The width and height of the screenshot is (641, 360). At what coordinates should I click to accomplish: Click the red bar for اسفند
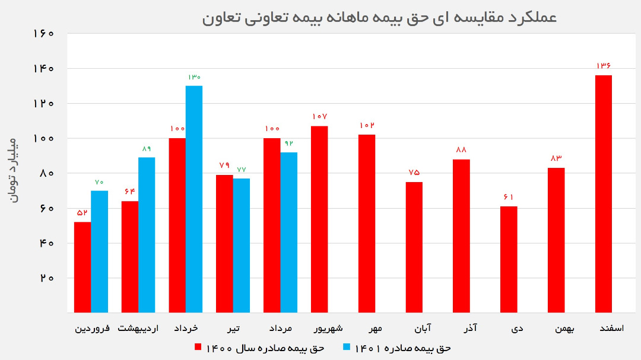pos(603,194)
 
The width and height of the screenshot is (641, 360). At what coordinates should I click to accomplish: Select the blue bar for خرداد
pos(194,199)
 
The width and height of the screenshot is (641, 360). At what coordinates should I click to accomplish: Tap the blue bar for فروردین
pos(100,251)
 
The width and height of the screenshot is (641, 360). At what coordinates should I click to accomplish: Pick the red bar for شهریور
pos(319,219)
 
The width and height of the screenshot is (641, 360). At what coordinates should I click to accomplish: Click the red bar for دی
pos(509,259)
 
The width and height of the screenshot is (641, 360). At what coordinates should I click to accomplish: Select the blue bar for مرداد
pos(289,232)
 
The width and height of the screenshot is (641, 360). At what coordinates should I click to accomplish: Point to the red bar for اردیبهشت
pos(130,257)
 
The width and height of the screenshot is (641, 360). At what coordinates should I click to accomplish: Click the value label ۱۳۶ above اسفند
pos(603,66)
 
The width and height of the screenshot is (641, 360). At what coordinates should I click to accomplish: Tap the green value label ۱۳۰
pos(194,77)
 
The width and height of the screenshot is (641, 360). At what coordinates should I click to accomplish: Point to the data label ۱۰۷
pos(319,117)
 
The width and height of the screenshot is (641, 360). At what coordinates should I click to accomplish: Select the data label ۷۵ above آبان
pos(414,173)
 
